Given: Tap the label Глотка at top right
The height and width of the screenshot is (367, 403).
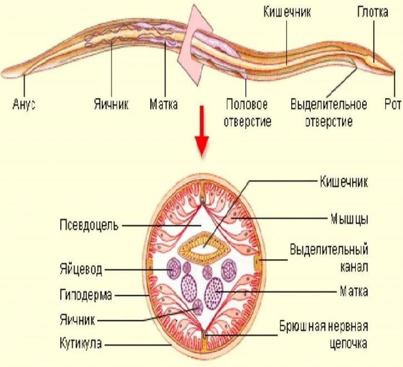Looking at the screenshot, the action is click(x=372, y=12).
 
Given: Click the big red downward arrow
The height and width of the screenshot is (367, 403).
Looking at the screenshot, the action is click(x=203, y=142).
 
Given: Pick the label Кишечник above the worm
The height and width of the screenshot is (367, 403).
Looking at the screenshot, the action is click(x=286, y=12).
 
